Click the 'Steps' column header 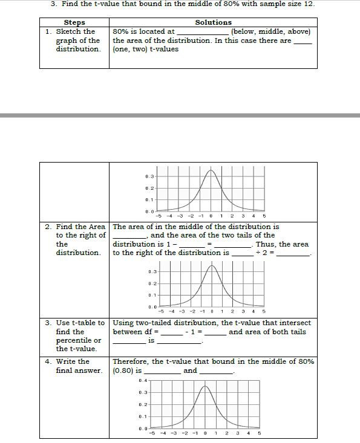pyautogui.click(x=74, y=22)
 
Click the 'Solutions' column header pyautogui.click(x=213, y=22)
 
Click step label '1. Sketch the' pyautogui.click(x=71, y=31)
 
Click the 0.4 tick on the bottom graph pyautogui.click(x=142, y=380)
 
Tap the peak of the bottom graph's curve pyautogui.click(x=206, y=386)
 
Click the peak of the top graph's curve pyautogui.click(x=210, y=171)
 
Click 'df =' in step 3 pyautogui.click(x=151, y=332)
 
